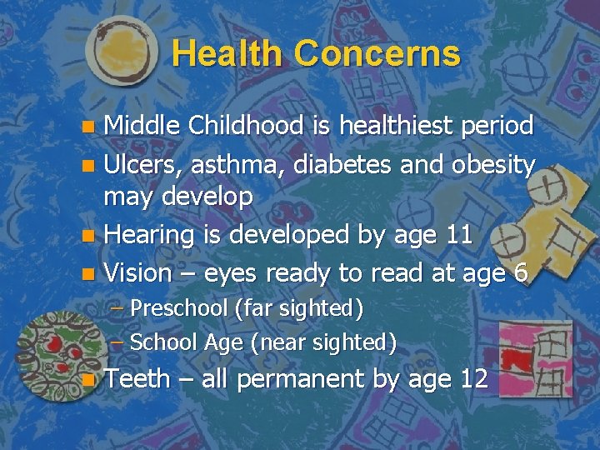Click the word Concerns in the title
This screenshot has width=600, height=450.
[377, 54]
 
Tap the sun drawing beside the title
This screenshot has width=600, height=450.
[121, 52]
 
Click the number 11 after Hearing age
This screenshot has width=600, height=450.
[456, 235]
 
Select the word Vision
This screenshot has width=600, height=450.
[137, 272]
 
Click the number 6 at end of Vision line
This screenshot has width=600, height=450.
[520, 272]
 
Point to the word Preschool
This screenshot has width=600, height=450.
[179, 308]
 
